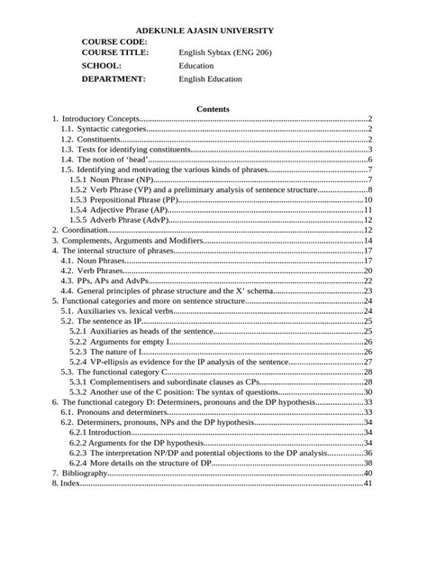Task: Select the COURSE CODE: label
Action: click(114, 41)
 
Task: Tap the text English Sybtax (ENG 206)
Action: click(224, 52)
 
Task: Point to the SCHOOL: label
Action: click(101, 66)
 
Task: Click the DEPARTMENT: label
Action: click(114, 78)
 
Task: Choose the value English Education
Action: click(210, 78)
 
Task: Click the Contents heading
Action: click(213, 109)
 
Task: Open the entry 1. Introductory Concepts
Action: click(95, 119)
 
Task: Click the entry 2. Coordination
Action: click(80, 230)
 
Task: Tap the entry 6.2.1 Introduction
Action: click(101, 432)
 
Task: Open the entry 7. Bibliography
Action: click(82, 473)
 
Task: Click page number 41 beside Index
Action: click(368, 483)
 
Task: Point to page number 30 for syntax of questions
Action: click(368, 391)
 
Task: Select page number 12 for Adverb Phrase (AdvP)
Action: click(368, 219)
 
